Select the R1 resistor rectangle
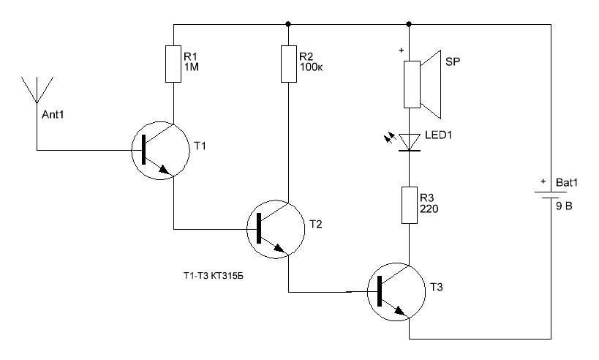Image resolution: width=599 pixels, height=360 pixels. pos(173,64)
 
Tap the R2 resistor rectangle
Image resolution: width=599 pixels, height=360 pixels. pos(289,64)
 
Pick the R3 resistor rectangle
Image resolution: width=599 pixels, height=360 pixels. pos(410,205)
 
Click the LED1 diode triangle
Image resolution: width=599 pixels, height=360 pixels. pos(410,142)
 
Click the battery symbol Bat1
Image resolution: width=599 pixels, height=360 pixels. pos(551,195)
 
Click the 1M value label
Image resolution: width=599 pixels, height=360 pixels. pos(192,67)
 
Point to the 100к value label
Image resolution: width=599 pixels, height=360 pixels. pos(311,67)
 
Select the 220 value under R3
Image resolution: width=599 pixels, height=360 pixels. pos(429,209)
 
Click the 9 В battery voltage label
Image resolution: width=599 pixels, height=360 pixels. pos(564,206)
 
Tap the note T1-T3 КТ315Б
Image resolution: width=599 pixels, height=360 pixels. pos(213,276)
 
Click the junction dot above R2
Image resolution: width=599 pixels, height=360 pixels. pos(288,24)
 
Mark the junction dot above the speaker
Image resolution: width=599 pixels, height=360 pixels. pos(409,24)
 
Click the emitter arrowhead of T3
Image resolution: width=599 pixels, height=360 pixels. pos(399,311)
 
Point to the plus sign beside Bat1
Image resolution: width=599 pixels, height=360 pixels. pos(543,181)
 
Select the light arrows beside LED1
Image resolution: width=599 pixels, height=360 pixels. pos(390,138)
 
